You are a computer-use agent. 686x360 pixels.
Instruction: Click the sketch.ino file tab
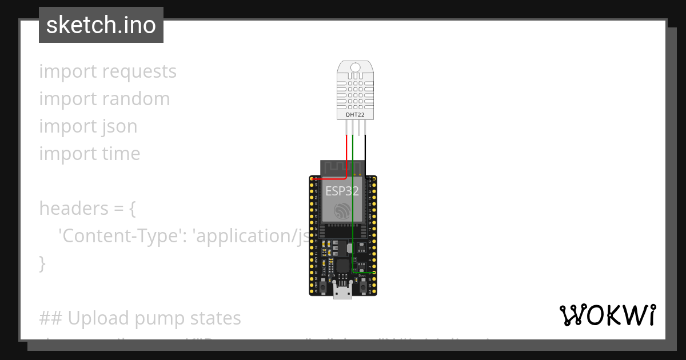[x=101, y=25]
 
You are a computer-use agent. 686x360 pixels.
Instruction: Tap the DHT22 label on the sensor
[x=355, y=115]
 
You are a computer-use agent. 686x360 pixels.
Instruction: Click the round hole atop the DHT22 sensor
[x=355, y=67]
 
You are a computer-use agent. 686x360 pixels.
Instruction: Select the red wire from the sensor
[x=346, y=154]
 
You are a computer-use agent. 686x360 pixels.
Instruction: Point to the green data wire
[x=353, y=217]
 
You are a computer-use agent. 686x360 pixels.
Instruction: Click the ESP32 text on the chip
[x=342, y=191]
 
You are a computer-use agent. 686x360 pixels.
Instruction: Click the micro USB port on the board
[x=343, y=292]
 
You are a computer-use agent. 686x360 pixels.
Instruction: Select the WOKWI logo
[x=608, y=315]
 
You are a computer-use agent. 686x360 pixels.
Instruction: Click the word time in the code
[x=121, y=154]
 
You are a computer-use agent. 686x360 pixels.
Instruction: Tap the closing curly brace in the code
[x=42, y=263]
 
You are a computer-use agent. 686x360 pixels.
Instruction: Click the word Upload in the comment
[x=94, y=318]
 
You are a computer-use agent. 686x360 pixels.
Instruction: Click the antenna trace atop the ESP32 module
[x=334, y=168]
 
